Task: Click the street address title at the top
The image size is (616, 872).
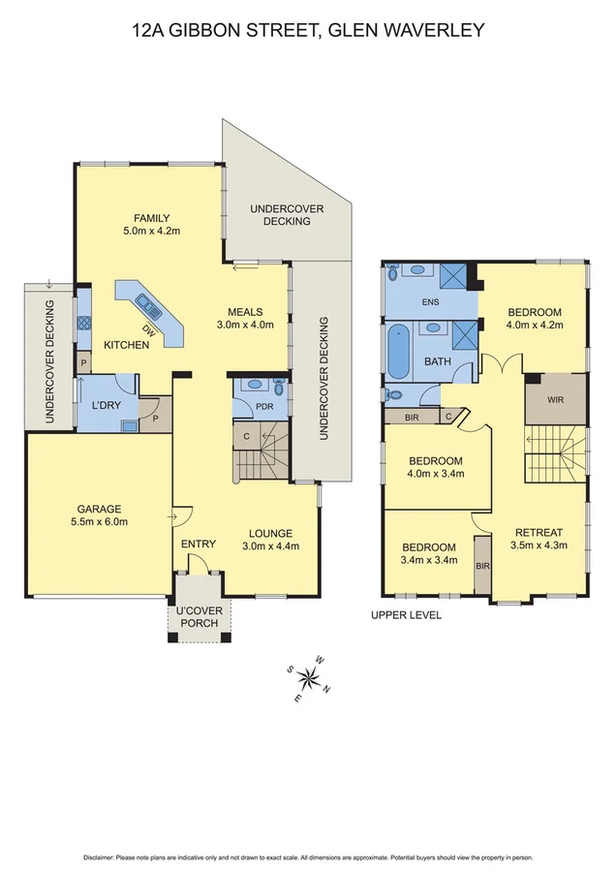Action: tap(308, 30)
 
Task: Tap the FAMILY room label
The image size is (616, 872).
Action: tap(152, 224)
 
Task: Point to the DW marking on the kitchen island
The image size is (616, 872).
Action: tap(148, 329)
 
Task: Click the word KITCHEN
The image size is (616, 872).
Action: tap(126, 345)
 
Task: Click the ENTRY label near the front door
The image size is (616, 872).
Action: tap(198, 544)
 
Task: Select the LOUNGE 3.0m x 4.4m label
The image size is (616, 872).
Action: tap(270, 539)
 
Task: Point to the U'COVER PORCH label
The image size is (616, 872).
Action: tap(198, 615)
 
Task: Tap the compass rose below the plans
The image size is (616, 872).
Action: tap(311, 677)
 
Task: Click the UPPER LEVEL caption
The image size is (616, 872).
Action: tap(407, 615)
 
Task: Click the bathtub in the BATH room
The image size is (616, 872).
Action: tap(398, 354)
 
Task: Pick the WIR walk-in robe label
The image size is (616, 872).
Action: tap(555, 398)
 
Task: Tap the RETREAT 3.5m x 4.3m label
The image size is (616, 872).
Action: tap(540, 539)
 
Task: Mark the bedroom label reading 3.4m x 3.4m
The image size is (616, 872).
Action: tap(429, 553)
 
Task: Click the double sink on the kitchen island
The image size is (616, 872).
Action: tap(150, 307)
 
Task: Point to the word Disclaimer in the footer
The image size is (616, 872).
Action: tap(101, 857)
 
